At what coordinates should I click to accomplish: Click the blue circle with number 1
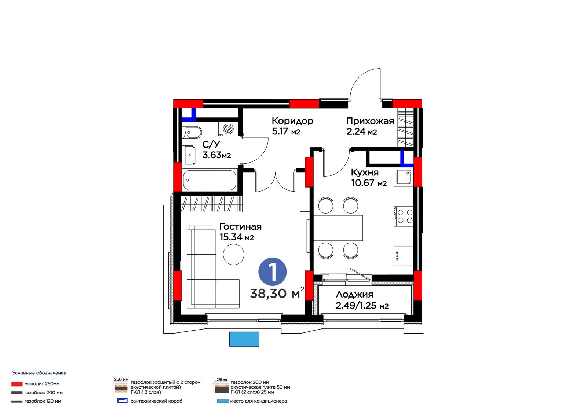[273, 272]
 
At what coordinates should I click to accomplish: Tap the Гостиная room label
[240, 227]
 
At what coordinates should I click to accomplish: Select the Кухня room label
[365, 172]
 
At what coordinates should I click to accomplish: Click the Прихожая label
[370, 121]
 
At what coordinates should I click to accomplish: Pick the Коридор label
[292, 121]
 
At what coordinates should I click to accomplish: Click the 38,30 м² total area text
[277, 293]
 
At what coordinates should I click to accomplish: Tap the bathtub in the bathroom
[209, 180]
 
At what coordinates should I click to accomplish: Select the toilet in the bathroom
[192, 133]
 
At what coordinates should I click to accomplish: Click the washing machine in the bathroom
[228, 129]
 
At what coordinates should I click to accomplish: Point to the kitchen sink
[404, 177]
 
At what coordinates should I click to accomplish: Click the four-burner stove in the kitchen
[404, 216]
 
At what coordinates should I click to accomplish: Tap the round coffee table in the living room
[233, 254]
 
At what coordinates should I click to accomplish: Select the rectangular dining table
[338, 228]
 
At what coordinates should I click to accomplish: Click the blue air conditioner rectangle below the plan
[244, 339]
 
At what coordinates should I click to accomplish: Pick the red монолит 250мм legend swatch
[17, 384]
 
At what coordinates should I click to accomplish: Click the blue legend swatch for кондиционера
[223, 401]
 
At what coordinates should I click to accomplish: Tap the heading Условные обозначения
[39, 373]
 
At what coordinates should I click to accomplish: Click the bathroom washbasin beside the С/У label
[189, 156]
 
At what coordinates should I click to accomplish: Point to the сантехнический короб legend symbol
[123, 401]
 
